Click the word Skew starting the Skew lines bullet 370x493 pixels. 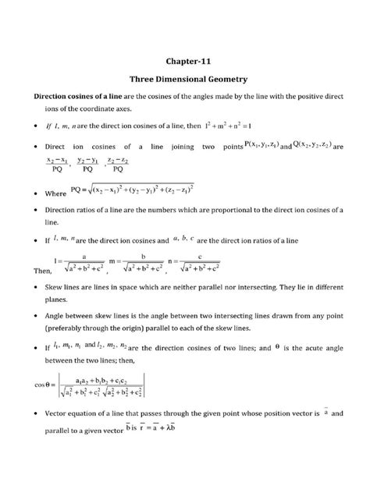[55, 289]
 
